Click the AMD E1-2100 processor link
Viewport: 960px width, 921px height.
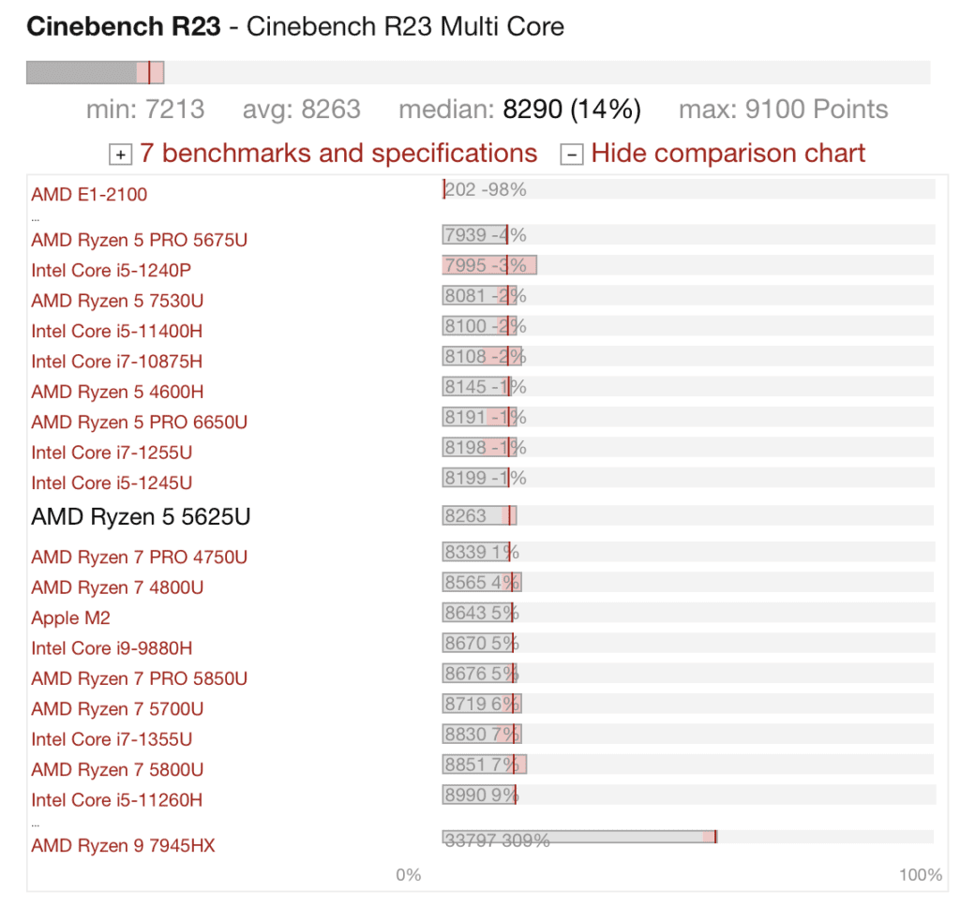(89, 195)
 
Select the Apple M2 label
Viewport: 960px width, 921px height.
(70, 618)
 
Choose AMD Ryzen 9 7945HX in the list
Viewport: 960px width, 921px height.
(123, 846)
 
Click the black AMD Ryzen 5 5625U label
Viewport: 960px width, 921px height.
(141, 517)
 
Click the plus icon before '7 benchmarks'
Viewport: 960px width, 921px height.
(121, 155)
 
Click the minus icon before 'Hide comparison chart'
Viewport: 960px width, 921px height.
(571, 155)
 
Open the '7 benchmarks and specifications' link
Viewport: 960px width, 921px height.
(338, 154)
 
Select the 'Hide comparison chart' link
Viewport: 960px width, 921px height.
(728, 154)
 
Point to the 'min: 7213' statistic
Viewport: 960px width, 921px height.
(145, 110)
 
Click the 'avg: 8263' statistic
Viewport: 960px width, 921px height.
(302, 110)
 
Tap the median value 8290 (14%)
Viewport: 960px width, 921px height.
(572, 110)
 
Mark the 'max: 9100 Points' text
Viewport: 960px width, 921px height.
(784, 110)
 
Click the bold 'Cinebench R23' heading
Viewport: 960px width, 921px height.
(124, 26)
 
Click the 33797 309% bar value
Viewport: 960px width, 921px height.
(497, 840)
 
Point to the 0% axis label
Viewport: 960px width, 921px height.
(409, 875)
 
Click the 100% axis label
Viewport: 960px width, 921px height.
(921, 875)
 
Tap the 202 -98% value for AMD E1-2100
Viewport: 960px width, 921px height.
(486, 189)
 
